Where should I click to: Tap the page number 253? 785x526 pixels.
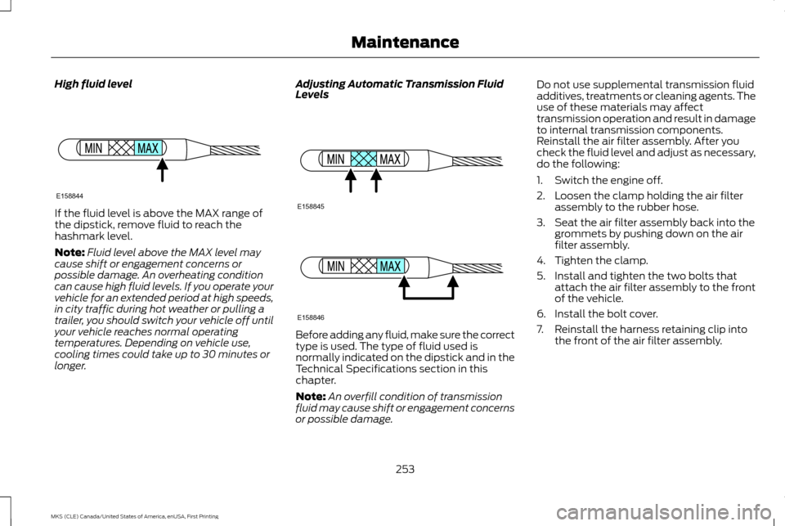point(405,470)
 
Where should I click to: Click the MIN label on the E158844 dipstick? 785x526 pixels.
point(93,148)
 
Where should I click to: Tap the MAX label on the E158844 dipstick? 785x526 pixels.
point(148,148)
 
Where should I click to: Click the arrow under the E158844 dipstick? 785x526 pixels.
point(163,171)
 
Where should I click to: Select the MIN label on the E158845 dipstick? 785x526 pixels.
point(335,160)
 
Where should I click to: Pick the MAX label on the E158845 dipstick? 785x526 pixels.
point(390,160)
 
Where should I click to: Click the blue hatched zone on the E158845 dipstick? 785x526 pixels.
point(363,160)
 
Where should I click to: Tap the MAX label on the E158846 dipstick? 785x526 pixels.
point(390,267)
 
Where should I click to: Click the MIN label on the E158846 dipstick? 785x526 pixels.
point(335,267)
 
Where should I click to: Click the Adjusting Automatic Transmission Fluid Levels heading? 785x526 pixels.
point(401,89)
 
